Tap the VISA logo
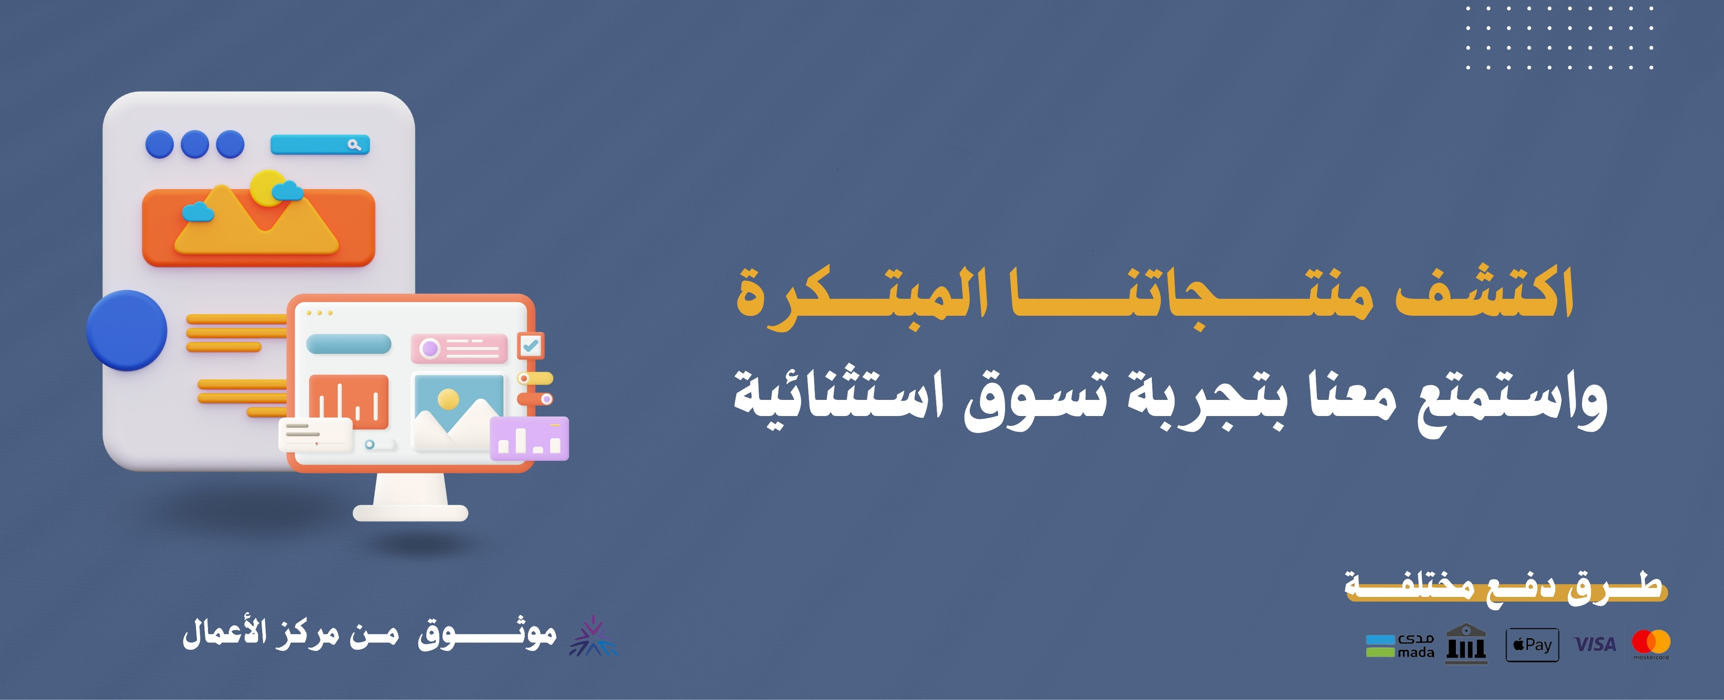click(1595, 644)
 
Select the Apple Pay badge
click(1532, 645)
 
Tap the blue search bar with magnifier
click(320, 145)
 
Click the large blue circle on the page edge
click(127, 330)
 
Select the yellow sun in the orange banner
click(269, 188)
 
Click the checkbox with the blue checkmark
click(531, 346)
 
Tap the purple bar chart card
click(529, 439)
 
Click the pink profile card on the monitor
click(459, 348)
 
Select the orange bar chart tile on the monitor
click(348, 402)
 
